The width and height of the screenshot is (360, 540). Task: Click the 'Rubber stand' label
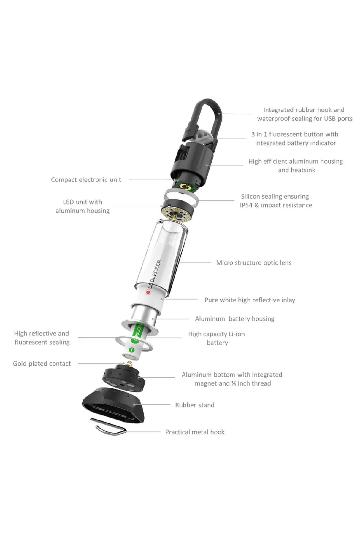(x=195, y=405)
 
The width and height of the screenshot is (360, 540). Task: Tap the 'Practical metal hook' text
(x=195, y=432)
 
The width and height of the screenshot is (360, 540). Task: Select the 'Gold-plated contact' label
(x=42, y=364)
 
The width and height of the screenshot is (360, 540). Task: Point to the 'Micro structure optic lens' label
(x=254, y=263)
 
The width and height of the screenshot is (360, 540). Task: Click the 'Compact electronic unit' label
(x=86, y=180)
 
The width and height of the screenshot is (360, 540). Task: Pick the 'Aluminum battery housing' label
(x=235, y=319)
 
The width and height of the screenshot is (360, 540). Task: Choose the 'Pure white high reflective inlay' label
(x=250, y=300)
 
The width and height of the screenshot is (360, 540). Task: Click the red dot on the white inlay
(x=148, y=292)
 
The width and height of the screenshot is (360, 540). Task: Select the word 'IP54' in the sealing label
(x=246, y=205)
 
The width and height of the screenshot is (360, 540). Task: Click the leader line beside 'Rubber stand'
(x=153, y=404)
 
